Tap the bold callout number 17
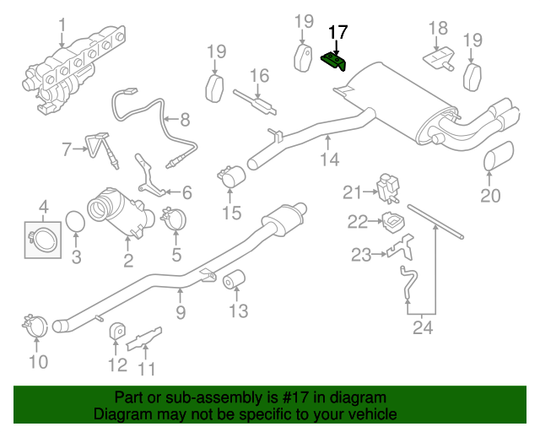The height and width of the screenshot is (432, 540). click(x=337, y=33)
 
